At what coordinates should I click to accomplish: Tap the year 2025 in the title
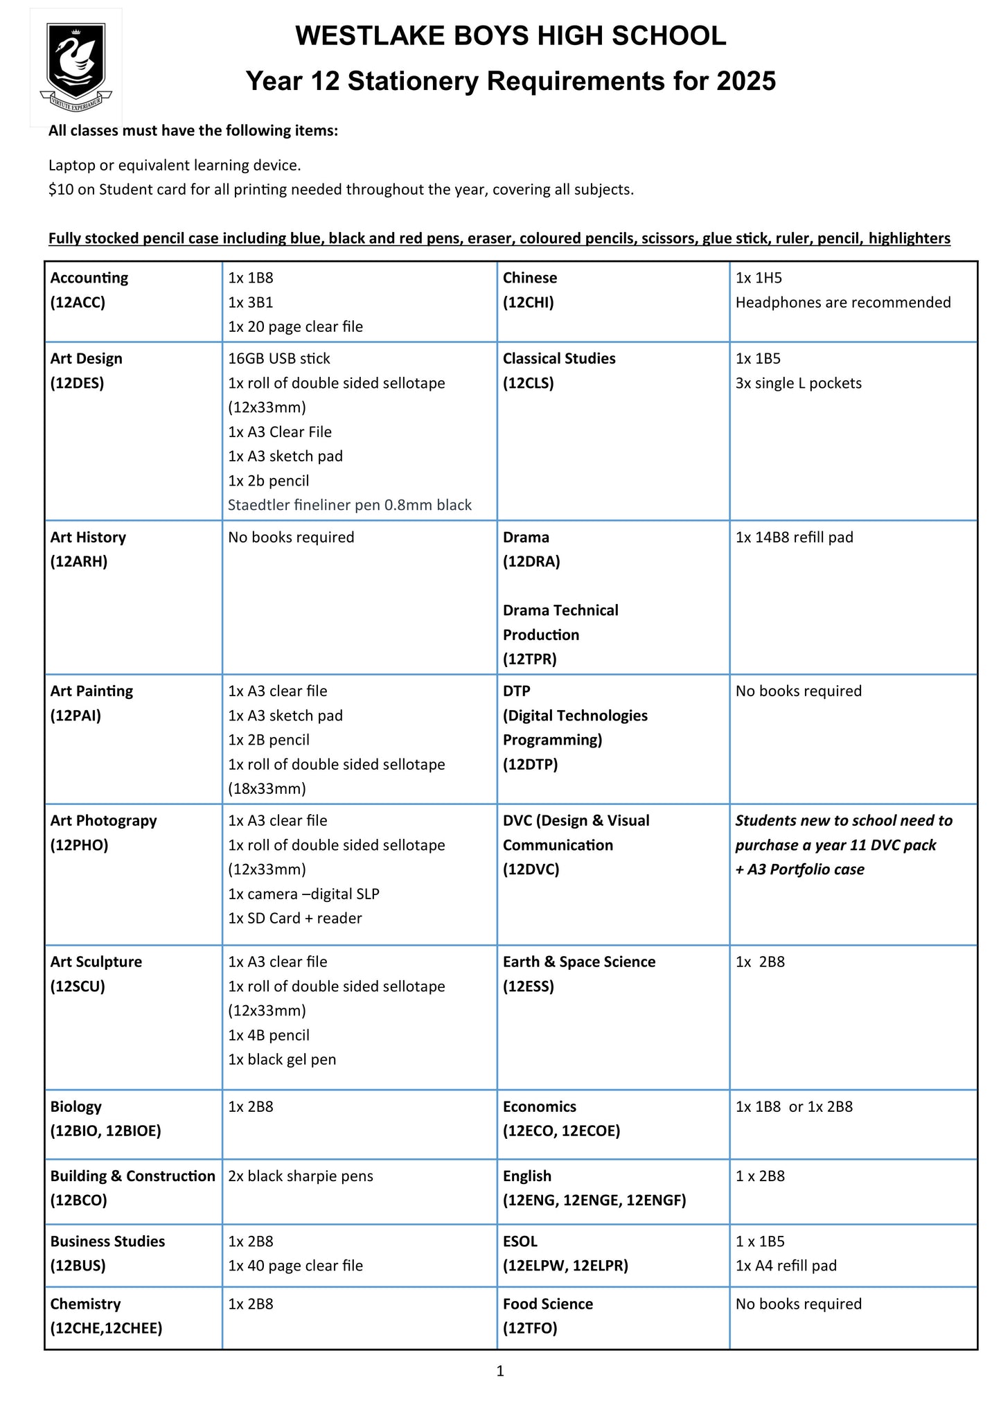[746, 81]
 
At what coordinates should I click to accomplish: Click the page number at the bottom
[500, 1370]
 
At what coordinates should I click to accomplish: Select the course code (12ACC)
[78, 302]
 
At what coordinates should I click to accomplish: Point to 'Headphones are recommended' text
[842, 302]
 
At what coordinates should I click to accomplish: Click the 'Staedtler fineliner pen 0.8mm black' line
[349, 505]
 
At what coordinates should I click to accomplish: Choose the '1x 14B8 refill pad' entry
[794, 537]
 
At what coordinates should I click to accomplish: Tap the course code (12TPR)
[529, 659]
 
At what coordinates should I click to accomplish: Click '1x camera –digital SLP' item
[303, 894]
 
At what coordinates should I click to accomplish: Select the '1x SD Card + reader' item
[294, 918]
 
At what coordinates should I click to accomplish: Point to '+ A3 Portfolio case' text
[799, 869]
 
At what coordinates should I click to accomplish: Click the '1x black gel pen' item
[282, 1059]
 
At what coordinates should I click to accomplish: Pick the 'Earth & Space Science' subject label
[578, 962]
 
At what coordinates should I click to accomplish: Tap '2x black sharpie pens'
[300, 1176]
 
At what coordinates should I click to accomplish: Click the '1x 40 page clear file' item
[295, 1265]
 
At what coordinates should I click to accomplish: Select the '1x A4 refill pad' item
[786, 1265]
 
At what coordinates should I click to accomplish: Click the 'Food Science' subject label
[547, 1304]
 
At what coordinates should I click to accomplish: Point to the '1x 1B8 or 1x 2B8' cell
[794, 1106]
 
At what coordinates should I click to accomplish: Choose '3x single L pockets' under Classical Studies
[798, 383]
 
